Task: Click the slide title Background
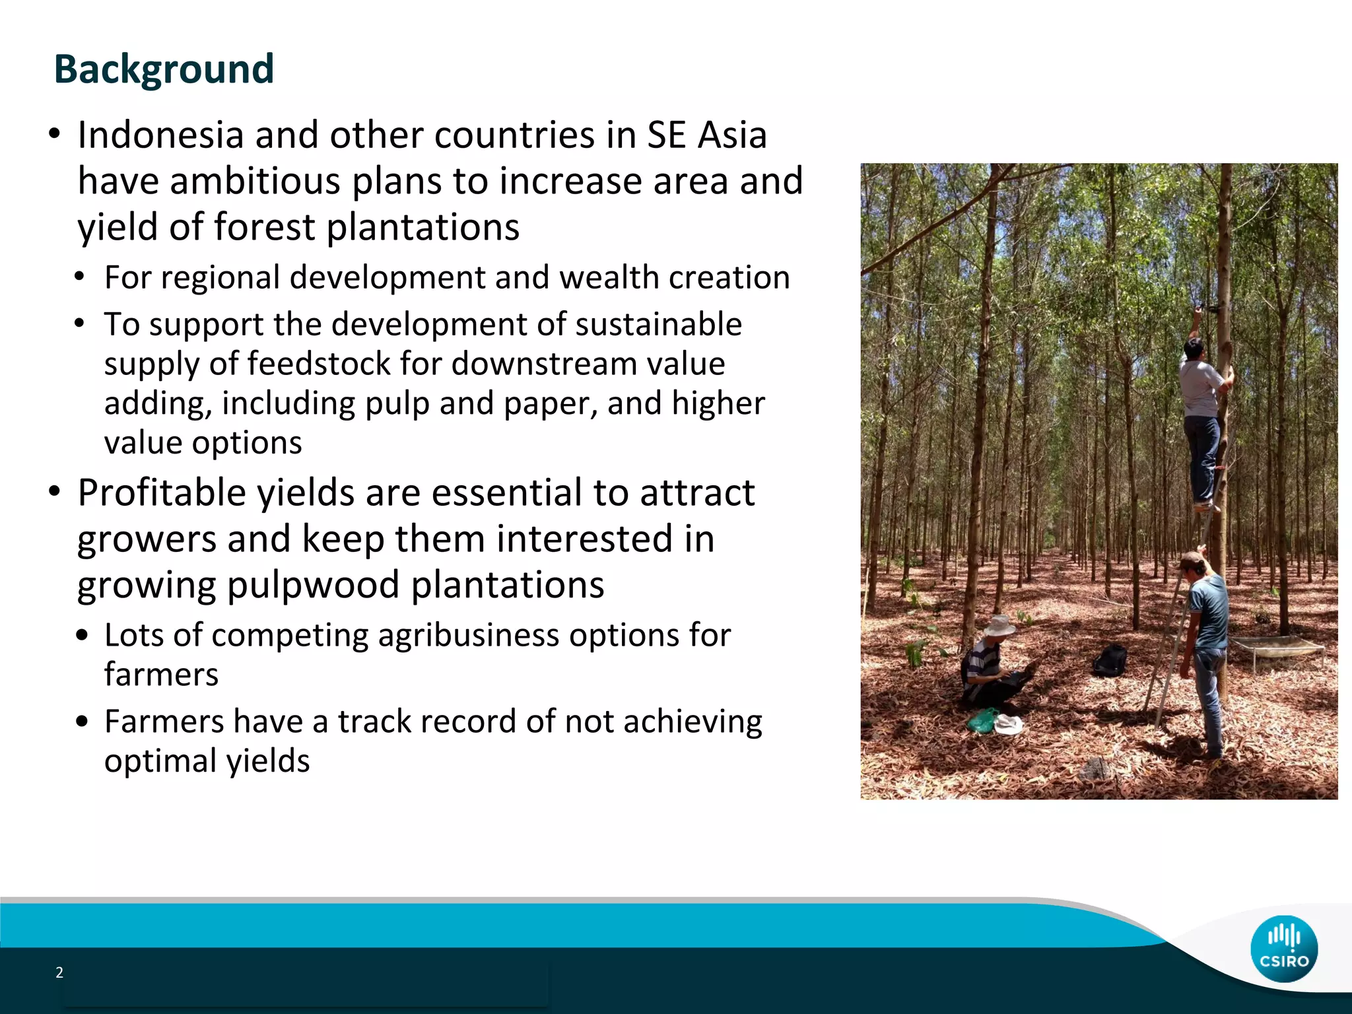[x=164, y=69]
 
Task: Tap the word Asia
[x=732, y=135]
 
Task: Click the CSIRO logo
[x=1283, y=949]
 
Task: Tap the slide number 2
[x=59, y=972]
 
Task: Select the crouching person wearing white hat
[x=990, y=667]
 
